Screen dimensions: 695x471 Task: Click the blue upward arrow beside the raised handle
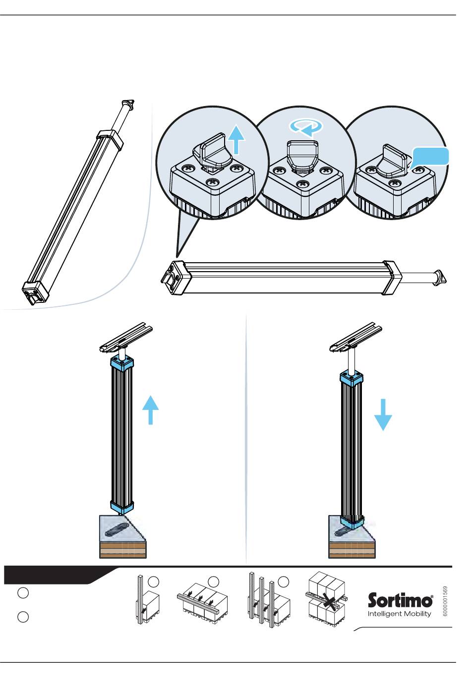click(237, 139)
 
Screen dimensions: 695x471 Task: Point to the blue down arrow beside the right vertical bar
click(383, 415)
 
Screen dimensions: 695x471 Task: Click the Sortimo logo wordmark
click(400, 600)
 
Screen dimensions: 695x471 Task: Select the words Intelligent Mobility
click(399, 614)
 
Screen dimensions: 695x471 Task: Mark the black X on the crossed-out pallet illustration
click(329, 602)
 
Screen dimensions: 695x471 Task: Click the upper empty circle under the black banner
click(23, 593)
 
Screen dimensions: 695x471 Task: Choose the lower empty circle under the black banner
click(23, 617)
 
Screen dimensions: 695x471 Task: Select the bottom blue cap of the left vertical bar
click(122, 507)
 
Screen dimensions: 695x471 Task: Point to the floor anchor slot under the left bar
click(118, 529)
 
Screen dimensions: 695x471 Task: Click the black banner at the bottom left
click(55, 575)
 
